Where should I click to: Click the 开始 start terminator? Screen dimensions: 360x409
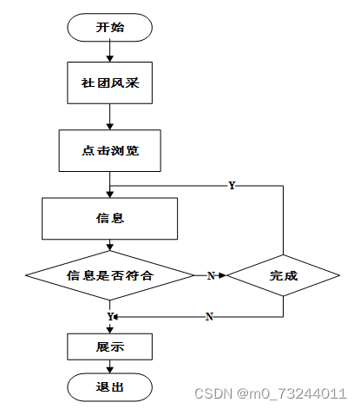(109, 27)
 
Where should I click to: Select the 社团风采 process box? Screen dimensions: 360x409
(109, 82)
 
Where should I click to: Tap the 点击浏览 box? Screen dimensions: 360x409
(109, 150)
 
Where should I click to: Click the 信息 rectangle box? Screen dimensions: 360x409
(109, 219)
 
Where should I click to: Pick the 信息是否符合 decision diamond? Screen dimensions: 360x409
(109, 275)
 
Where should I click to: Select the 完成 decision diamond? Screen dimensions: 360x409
(283, 275)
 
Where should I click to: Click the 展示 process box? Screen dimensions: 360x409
(109, 346)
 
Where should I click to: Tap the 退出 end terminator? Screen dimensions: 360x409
(109, 387)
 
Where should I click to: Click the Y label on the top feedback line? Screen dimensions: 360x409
(232, 185)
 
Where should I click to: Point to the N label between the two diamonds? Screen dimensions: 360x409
(211, 275)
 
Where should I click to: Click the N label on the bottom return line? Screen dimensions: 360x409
(209, 317)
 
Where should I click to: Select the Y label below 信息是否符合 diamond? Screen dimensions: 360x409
(110, 316)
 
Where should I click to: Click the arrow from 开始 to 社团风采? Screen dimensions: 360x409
(109, 51)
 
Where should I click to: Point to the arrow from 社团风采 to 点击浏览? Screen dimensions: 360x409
(109, 116)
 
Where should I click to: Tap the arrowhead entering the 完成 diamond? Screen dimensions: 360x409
(223, 275)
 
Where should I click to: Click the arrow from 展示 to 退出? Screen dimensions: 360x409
(109, 366)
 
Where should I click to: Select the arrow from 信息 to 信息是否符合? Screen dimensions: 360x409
(109, 245)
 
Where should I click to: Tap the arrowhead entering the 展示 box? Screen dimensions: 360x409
(109, 330)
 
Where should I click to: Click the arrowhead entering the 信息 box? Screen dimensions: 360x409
(109, 195)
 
